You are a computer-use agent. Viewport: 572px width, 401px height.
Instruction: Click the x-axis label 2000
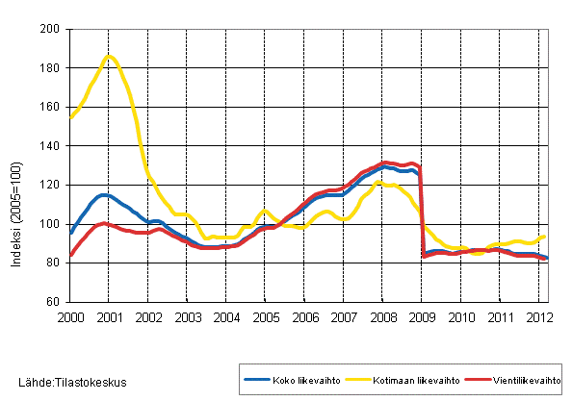click(x=68, y=317)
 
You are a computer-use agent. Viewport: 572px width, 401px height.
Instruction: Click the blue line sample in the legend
click(x=255, y=380)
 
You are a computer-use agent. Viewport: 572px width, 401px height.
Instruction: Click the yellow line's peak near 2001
click(x=109, y=56)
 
